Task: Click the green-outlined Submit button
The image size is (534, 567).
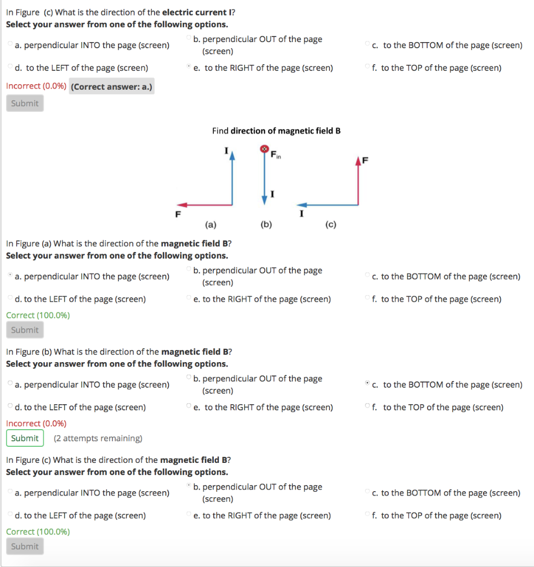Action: (x=25, y=439)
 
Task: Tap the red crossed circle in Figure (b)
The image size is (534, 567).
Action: (x=265, y=150)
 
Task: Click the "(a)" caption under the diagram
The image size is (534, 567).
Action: (x=210, y=225)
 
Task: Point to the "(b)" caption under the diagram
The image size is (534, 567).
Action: (x=266, y=225)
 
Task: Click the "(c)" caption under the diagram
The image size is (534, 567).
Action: (x=331, y=225)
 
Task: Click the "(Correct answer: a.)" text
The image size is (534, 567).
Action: (x=112, y=86)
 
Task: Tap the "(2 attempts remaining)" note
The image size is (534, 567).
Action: (x=98, y=439)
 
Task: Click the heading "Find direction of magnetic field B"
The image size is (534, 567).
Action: (x=276, y=131)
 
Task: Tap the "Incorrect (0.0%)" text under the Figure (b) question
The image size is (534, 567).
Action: (x=36, y=424)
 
